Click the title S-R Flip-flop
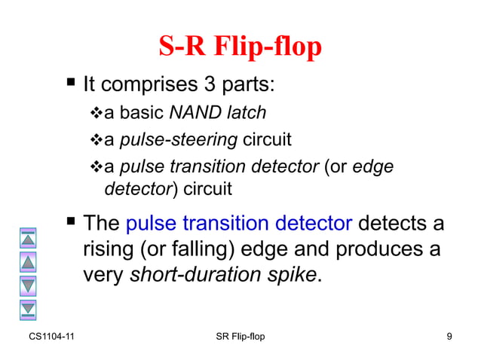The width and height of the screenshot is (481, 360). [240, 47]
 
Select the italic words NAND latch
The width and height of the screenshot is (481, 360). [218, 113]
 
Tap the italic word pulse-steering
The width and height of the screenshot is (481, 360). [179, 140]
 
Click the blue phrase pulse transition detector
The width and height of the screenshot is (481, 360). [239, 223]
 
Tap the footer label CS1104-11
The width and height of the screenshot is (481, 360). [51, 336]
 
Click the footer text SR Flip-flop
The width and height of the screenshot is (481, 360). [240, 336]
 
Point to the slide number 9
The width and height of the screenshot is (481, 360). [449, 336]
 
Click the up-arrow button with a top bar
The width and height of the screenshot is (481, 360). [28, 239]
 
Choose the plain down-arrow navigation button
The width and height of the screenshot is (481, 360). [28, 285]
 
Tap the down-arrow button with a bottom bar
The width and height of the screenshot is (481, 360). [28, 307]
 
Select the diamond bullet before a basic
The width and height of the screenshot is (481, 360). [95, 114]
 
